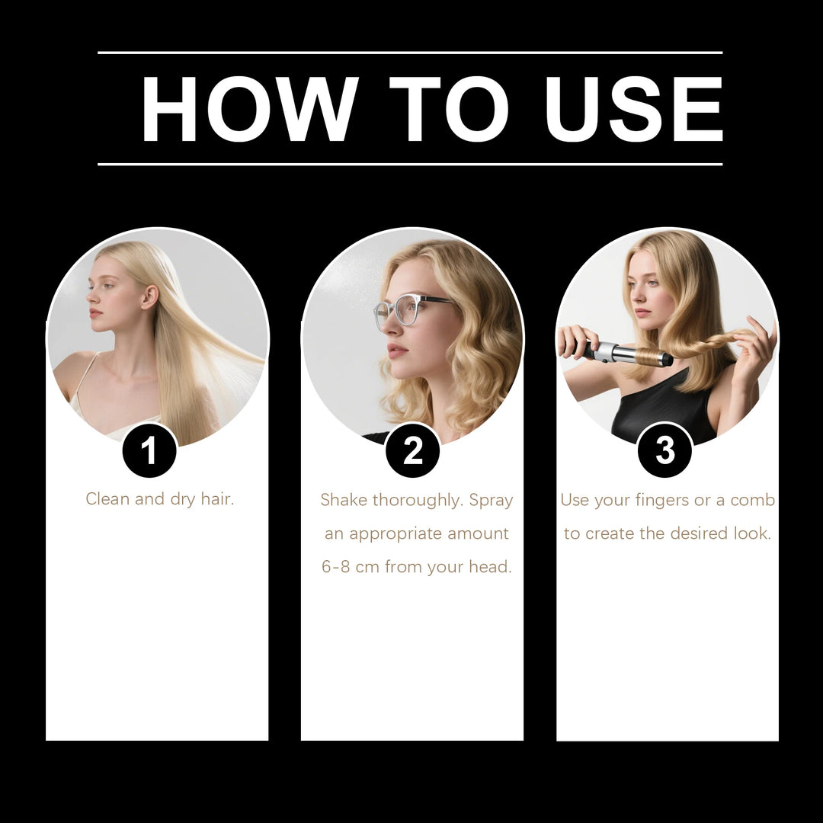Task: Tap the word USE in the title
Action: tap(633, 109)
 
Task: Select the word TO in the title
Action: tap(448, 109)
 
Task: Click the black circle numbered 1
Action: tap(149, 450)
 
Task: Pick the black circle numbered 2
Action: tap(412, 450)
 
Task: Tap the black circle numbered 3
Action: tap(664, 450)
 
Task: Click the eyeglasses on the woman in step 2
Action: tap(408, 309)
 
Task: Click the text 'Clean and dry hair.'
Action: tap(159, 499)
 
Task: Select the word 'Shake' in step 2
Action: tap(344, 500)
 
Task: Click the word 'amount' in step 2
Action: tap(478, 533)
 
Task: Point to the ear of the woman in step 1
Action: tap(150, 296)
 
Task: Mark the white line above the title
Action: tap(410, 53)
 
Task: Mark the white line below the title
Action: tap(410, 164)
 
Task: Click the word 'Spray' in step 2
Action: tap(491, 501)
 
